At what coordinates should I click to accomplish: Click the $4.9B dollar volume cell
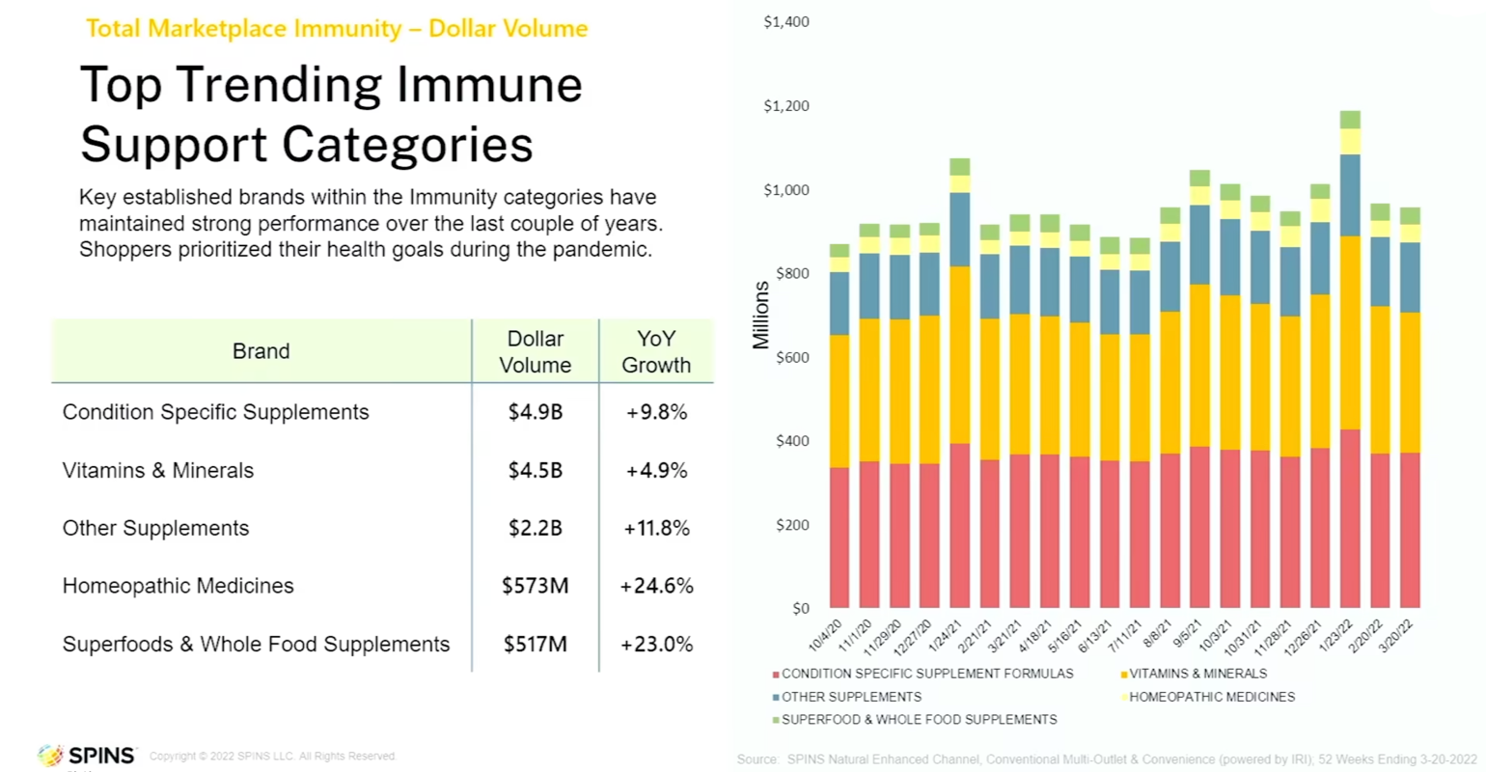click(x=535, y=412)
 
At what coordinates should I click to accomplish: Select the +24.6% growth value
click(x=656, y=586)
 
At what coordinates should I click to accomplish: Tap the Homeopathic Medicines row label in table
click(x=178, y=586)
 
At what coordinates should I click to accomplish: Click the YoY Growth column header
click(x=656, y=351)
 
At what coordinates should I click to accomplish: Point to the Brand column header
click(x=261, y=351)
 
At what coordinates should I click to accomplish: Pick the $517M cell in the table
click(x=535, y=644)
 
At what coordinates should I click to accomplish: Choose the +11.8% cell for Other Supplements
click(x=656, y=528)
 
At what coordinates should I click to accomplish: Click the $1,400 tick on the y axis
click(x=785, y=21)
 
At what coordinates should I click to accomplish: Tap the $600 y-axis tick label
click(x=792, y=357)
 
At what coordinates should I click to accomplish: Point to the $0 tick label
click(x=800, y=609)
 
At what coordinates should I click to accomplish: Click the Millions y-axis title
click(x=761, y=316)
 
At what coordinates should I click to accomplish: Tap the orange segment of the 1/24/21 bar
click(x=959, y=354)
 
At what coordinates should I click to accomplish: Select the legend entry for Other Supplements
click(x=850, y=697)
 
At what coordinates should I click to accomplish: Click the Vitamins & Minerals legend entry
click(x=1197, y=674)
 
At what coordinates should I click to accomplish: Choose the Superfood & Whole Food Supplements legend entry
click(x=918, y=720)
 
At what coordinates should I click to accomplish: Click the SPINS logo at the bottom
click(x=87, y=756)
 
